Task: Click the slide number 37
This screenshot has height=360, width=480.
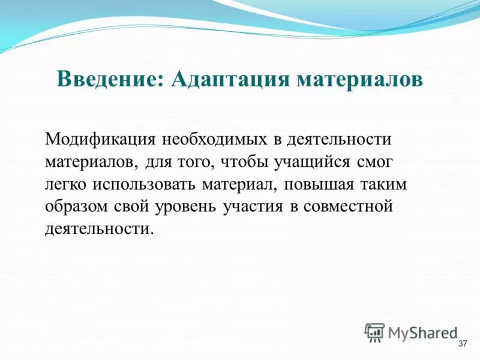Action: pyautogui.click(x=462, y=344)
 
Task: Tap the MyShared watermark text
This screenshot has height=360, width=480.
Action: pyautogui.click(x=422, y=332)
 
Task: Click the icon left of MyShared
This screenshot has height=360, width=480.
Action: pyautogui.click(x=374, y=332)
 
